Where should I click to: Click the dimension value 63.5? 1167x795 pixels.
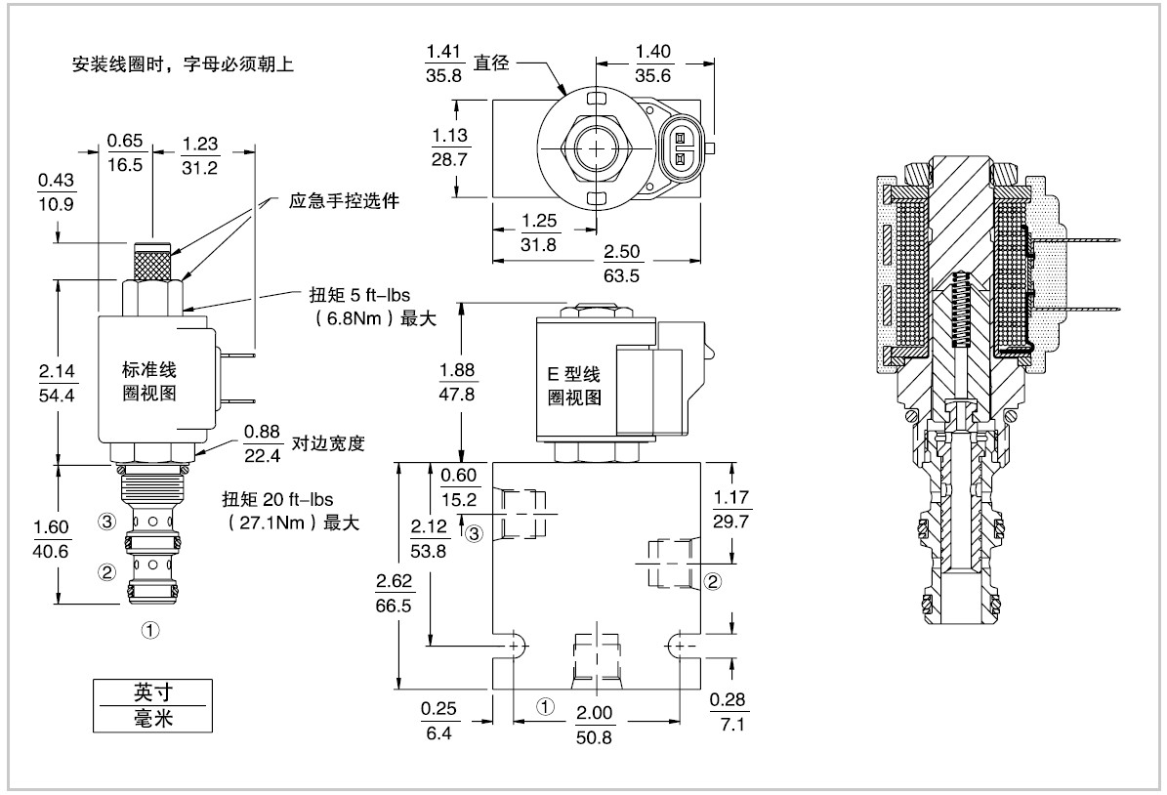(621, 275)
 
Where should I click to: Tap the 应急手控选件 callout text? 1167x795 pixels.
(345, 201)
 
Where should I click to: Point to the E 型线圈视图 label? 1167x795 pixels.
(571, 386)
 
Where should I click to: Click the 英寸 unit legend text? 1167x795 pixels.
(150, 692)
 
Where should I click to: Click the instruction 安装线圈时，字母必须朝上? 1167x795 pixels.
(183, 65)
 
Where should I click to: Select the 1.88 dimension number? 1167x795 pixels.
(458, 370)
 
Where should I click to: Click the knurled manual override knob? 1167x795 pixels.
(154, 264)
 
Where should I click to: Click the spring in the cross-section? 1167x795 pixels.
(960, 310)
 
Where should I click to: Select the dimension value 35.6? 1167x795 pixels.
(652, 75)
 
